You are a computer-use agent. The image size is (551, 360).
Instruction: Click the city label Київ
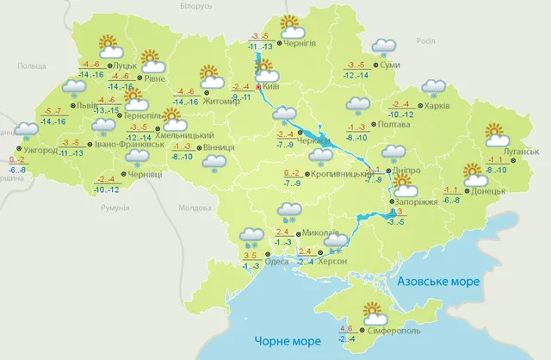click(272, 87)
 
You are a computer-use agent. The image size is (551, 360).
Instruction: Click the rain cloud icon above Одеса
click(251, 235)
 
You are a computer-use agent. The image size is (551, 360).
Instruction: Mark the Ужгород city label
click(40, 150)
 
